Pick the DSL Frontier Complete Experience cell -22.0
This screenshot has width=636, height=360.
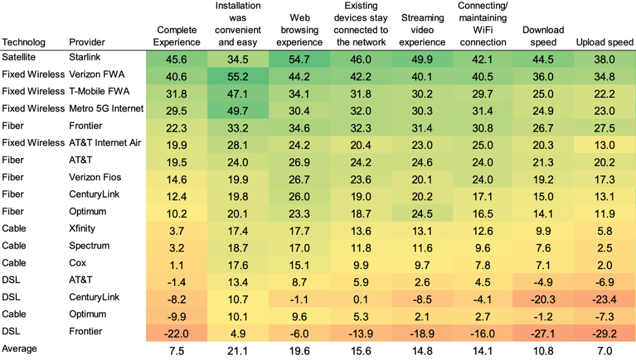177,333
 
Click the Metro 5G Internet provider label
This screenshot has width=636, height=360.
107,109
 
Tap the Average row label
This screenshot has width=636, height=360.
20,348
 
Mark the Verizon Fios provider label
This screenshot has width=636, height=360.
95,177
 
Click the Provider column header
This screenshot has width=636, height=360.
87,42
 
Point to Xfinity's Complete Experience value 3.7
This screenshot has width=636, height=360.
177,230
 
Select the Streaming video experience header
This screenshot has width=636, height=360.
422,30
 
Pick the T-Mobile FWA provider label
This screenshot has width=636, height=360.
99,92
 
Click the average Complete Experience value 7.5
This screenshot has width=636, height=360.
177,350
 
